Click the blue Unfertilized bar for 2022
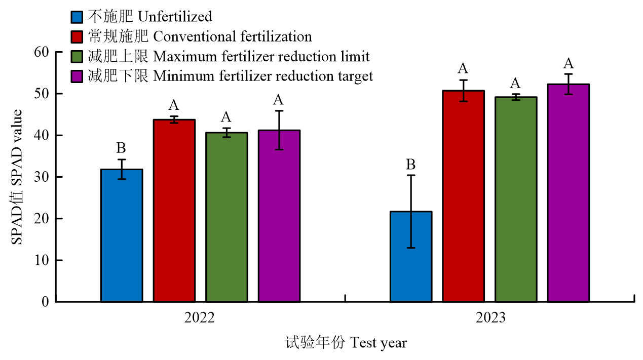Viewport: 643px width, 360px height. (x=122, y=235)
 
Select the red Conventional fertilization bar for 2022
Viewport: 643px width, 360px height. (x=174, y=211)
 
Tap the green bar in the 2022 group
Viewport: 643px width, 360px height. (x=226, y=217)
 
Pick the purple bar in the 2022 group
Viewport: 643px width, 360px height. (x=279, y=216)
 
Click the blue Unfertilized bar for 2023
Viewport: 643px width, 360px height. (x=411, y=256)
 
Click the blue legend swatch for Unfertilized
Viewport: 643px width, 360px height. (x=76, y=17)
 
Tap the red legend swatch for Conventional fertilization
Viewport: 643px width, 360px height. (x=76, y=37)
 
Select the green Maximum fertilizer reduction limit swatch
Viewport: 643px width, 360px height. (x=76, y=56)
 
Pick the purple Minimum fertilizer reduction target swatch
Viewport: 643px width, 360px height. (x=76, y=76)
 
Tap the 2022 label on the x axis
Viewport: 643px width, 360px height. (x=200, y=318)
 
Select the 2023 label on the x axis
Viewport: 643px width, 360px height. (x=490, y=318)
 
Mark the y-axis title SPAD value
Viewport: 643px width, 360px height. (x=18, y=177)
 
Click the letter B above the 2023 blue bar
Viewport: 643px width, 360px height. (x=411, y=165)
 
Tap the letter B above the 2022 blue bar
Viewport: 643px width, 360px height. (x=122, y=148)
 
